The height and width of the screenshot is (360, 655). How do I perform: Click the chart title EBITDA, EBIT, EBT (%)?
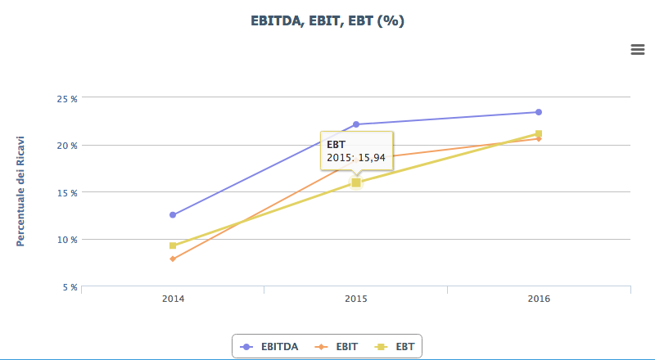(327, 20)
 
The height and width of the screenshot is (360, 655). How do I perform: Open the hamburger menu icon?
(638, 49)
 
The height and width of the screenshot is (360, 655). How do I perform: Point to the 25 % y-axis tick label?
(67, 98)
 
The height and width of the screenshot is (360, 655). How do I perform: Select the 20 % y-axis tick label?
(67, 146)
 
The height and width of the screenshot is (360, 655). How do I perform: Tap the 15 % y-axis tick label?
(67, 192)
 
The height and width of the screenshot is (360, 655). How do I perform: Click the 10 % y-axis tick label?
(67, 240)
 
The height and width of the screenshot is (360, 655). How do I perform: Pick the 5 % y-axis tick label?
(70, 287)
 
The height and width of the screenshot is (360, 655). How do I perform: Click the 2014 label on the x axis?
(173, 299)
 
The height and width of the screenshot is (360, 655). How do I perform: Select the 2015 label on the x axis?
(355, 299)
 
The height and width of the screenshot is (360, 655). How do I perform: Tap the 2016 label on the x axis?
(539, 299)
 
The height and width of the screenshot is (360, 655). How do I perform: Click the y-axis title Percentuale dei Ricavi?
(21, 191)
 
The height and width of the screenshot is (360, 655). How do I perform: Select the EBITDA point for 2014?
(173, 214)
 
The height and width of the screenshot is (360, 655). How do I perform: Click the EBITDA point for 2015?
(356, 124)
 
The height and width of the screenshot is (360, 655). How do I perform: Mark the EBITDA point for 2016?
(539, 112)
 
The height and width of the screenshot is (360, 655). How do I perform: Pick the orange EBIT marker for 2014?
(173, 259)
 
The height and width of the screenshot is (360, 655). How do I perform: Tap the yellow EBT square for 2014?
(173, 245)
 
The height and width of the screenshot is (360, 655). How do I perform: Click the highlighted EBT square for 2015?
(356, 182)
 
